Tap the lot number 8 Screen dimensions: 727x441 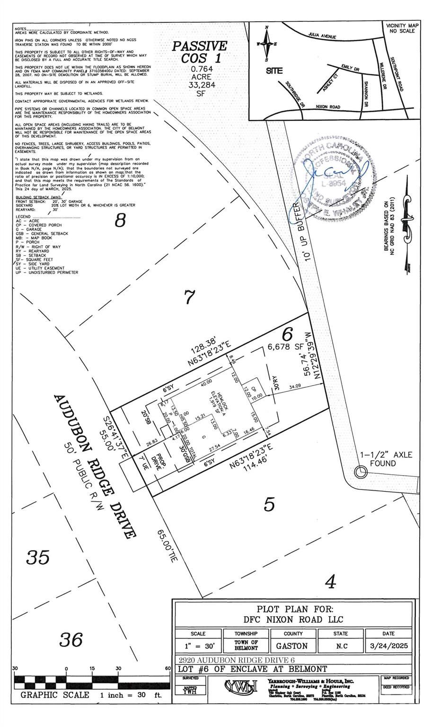click(121, 221)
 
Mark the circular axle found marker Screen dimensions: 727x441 click(361, 471)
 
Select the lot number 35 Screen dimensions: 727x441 click(38, 557)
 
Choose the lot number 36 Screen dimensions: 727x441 click(71, 640)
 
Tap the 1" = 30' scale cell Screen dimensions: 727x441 click(198, 646)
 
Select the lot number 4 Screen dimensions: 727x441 click(331, 582)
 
